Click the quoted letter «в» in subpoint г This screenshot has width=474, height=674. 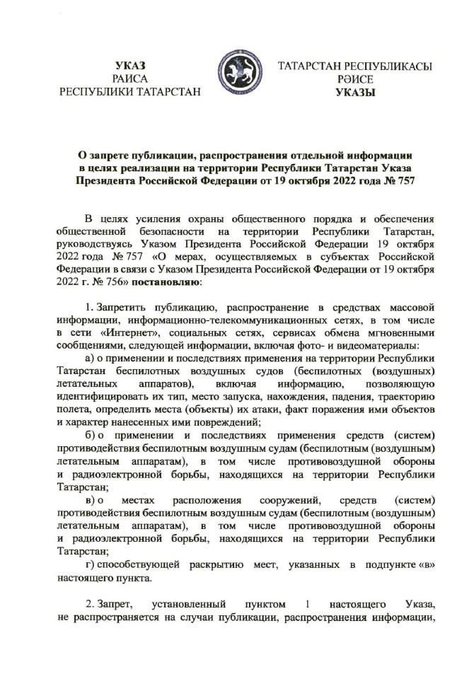[x=422, y=563]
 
